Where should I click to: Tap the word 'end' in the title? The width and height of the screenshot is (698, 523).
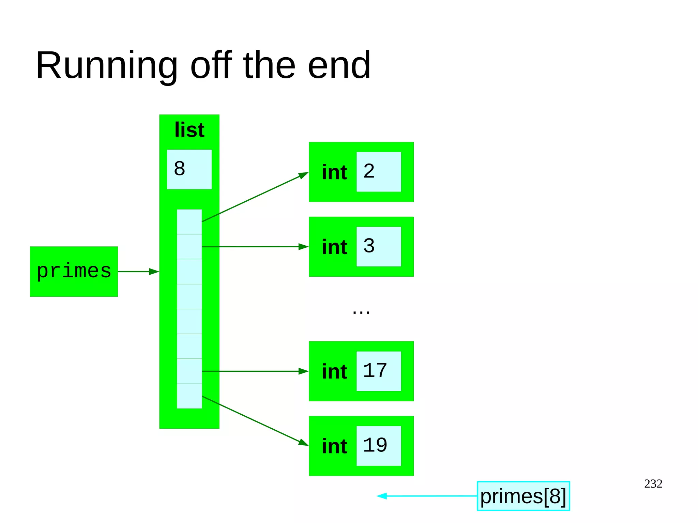339,65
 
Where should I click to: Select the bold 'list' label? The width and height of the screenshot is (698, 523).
189,130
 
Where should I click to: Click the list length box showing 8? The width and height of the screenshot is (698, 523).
189,169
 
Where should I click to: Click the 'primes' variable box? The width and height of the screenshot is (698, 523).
74,272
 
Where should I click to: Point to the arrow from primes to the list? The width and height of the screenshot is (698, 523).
138,272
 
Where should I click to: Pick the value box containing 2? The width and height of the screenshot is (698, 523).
378,172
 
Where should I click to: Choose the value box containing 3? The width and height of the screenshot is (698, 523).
378,246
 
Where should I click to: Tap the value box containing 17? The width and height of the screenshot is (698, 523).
378,371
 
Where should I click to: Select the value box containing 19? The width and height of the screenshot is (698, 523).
378,446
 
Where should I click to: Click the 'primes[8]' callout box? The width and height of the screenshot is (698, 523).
523,496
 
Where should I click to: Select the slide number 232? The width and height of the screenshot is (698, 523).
653,484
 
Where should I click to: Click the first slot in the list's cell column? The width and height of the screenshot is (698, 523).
189,222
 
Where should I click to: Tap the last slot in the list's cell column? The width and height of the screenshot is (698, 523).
189,396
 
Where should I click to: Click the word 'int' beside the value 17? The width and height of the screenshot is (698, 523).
334,371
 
